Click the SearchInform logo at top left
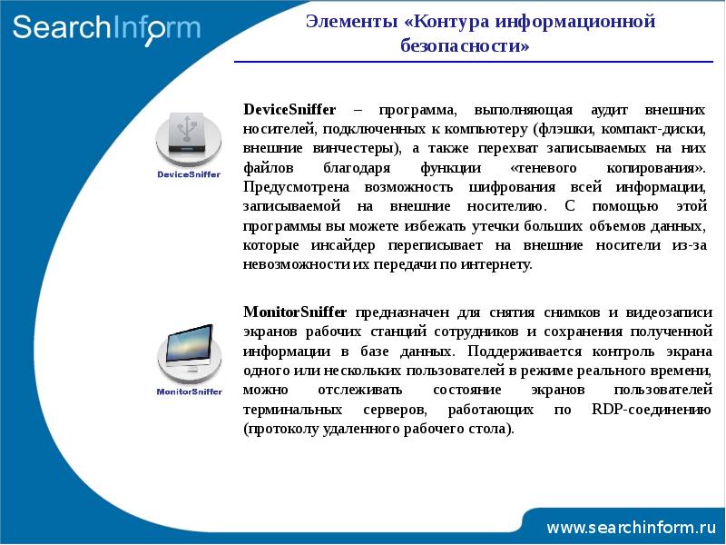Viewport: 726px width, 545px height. coord(106,30)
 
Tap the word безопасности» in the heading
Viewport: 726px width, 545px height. coord(465,45)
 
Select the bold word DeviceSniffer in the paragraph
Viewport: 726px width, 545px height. coord(289,110)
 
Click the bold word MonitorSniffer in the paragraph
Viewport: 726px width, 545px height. coord(295,312)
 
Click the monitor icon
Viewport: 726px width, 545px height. coord(190,353)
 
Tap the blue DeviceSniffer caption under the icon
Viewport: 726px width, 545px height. coord(189,174)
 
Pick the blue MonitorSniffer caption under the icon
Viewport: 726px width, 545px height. coord(190,391)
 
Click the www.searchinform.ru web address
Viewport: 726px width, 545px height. coord(631,528)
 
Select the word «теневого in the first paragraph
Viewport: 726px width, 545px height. coord(543,168)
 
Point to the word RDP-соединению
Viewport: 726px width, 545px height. coord(652,410)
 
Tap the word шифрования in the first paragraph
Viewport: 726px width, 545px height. coord(512,187)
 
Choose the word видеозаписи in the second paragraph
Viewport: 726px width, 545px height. coord(669,312)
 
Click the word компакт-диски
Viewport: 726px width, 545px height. coord(653,129)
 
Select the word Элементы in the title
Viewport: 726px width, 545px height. coord(352,21)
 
